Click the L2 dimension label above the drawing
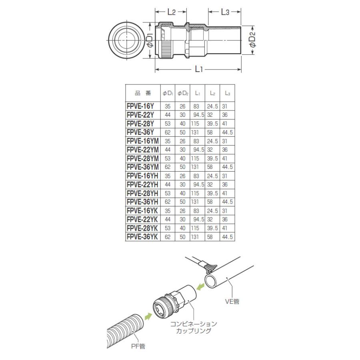pyautogui.click(x=172, y=12)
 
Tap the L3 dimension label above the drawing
pyautogui.click(x=225, y=12)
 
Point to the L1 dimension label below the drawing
pyautogui.click(x=199, y=69)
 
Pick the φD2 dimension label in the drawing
pyautogui.click(x=252, y=40)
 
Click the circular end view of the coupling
pyautogui.click(x=126, y=41)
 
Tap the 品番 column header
pyautogui.click(x=143, y=93)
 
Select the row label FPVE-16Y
pyautogui.click(x=140, y=106)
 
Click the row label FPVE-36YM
pyautogui.click(x=142, y=167)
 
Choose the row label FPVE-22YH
pyautogui.click(x=142, y=184)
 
